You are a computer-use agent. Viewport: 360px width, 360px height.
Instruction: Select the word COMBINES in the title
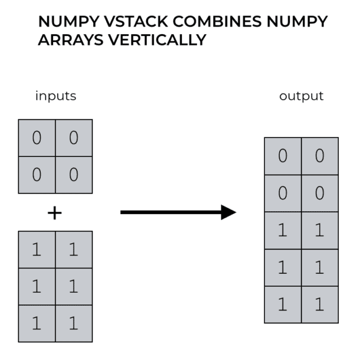coord(217,22)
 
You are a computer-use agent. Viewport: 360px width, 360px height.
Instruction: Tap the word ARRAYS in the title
coord(71,40)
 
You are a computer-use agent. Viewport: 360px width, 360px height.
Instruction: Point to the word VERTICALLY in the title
coord(157,40)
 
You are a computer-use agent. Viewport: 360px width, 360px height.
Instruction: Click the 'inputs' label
coord(56,96)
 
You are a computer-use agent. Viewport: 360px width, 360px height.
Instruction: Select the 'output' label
coord(301,96)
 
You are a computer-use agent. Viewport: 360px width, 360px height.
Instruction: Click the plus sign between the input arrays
coord(55,213)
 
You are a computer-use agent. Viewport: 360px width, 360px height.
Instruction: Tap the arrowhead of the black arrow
coord(228,212)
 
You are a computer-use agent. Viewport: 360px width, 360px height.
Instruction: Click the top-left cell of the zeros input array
coord(37,138)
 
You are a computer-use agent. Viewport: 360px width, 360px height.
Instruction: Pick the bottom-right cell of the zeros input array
coord(74,175)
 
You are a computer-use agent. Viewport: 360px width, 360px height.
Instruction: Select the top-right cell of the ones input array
coord(74,250)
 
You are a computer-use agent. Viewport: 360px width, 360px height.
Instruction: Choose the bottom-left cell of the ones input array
coord(37,324)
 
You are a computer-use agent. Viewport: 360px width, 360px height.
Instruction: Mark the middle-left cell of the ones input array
coord(37,287)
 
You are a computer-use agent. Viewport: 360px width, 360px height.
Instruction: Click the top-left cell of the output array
coord(283,156)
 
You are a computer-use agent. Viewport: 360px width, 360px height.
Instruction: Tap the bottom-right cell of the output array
coord(320,305)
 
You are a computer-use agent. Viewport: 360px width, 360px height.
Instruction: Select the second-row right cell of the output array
coord(320,194)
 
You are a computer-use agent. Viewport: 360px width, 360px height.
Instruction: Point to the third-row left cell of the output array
coord(283,231)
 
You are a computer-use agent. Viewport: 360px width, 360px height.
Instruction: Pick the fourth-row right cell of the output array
coord(320,268)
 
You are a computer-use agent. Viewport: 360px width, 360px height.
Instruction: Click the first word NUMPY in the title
coord(68,22)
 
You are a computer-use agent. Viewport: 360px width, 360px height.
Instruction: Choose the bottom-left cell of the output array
coord(283,305)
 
